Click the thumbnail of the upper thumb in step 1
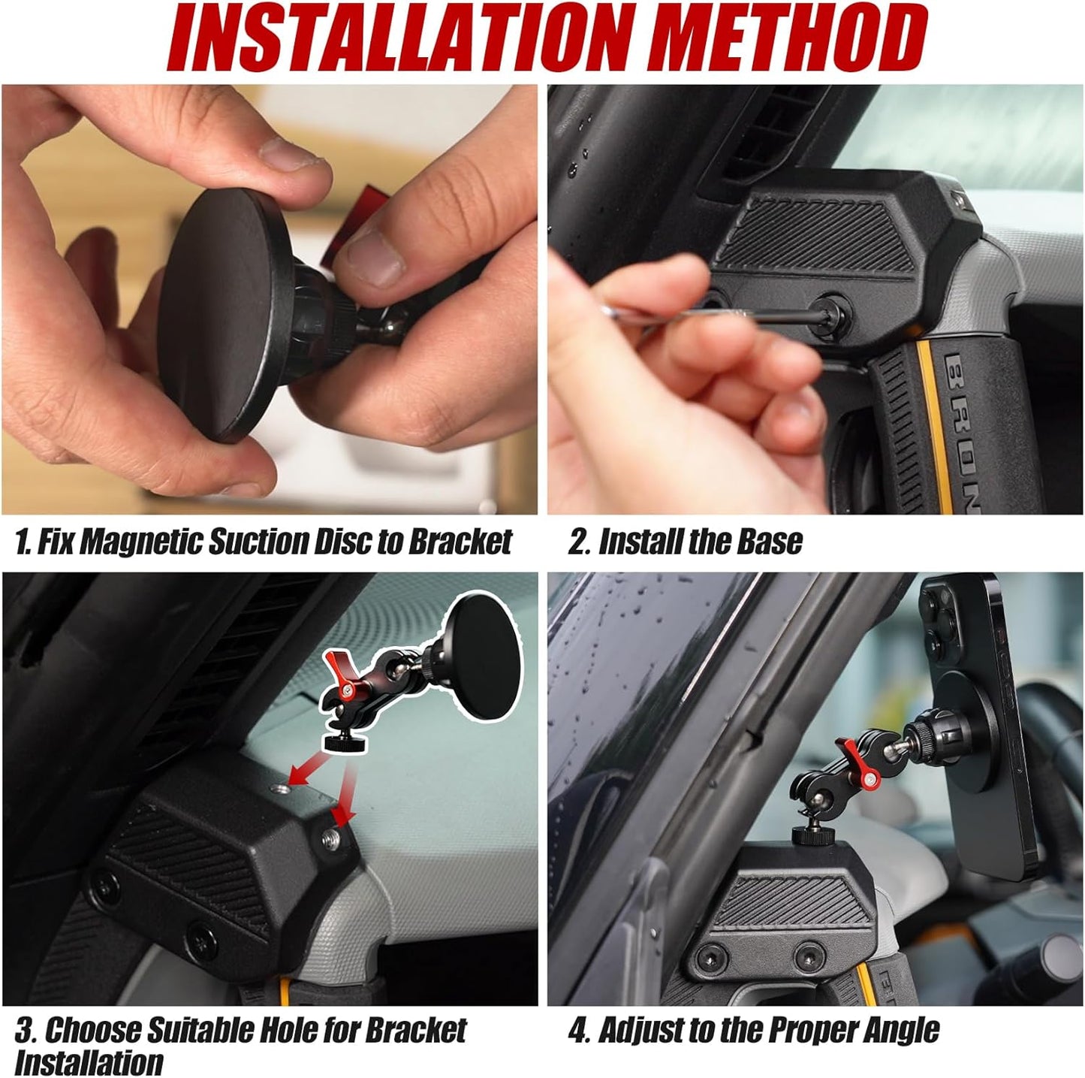(x=288, y=153)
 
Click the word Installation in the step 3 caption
(x=89, y=1063)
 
